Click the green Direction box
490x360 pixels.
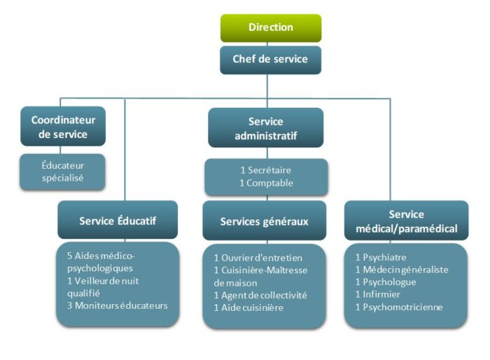pyautogui.click(x=270, y=27)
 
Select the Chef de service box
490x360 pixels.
pyautogui.click(x=270, y=59)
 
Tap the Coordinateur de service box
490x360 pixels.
pyautogui.click(x=63, y=127)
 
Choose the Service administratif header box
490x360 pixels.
pyautogui.click(x=265, y=128)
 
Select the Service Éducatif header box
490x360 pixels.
pyautogui.click(x=118, y=221)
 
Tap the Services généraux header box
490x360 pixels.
pyautogui.click(x=264, y=221)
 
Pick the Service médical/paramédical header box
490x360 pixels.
pyautogui.click(x=406, y=221)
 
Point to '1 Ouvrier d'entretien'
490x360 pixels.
pyautogui.click(x=258, y=258)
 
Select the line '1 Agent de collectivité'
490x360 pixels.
pyautogui.click(x=260, y=295)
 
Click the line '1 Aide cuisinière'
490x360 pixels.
pyautogui.click(x=248, y=307)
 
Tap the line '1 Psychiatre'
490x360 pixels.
pyautogui.click(x=381, y=258)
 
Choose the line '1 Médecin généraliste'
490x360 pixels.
pyautogui.click(x=401, y=270)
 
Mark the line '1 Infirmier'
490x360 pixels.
pyautogui.click(x=378, y=294)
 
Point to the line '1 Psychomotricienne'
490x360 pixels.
pyautogui.click(x=399, y=307)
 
